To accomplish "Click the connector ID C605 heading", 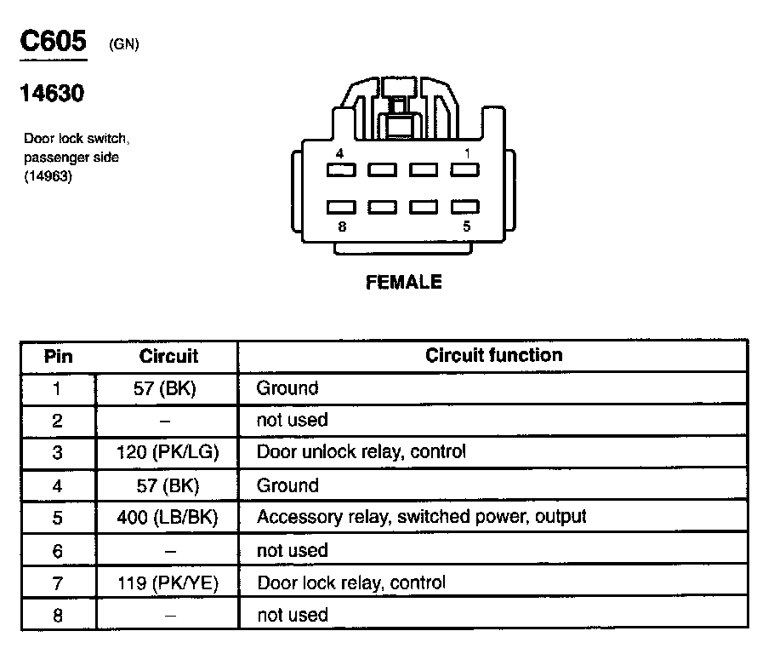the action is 53,42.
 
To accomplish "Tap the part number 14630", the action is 52,94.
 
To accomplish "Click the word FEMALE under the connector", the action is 404,282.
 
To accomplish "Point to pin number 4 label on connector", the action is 339,153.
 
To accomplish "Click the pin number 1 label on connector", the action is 467,153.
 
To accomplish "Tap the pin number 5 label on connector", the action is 467,227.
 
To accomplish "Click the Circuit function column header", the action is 493,355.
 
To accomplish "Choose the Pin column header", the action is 58,356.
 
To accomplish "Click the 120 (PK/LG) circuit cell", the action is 168,452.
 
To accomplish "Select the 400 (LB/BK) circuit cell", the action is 168,517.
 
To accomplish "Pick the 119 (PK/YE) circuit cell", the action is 168,582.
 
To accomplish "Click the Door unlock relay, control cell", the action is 361,451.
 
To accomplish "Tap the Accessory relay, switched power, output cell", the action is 422,517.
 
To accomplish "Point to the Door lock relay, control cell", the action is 351,582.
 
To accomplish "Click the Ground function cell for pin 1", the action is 287,388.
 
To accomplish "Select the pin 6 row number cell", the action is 58,551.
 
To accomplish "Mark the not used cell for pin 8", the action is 292,615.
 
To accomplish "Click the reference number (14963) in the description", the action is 48,176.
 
